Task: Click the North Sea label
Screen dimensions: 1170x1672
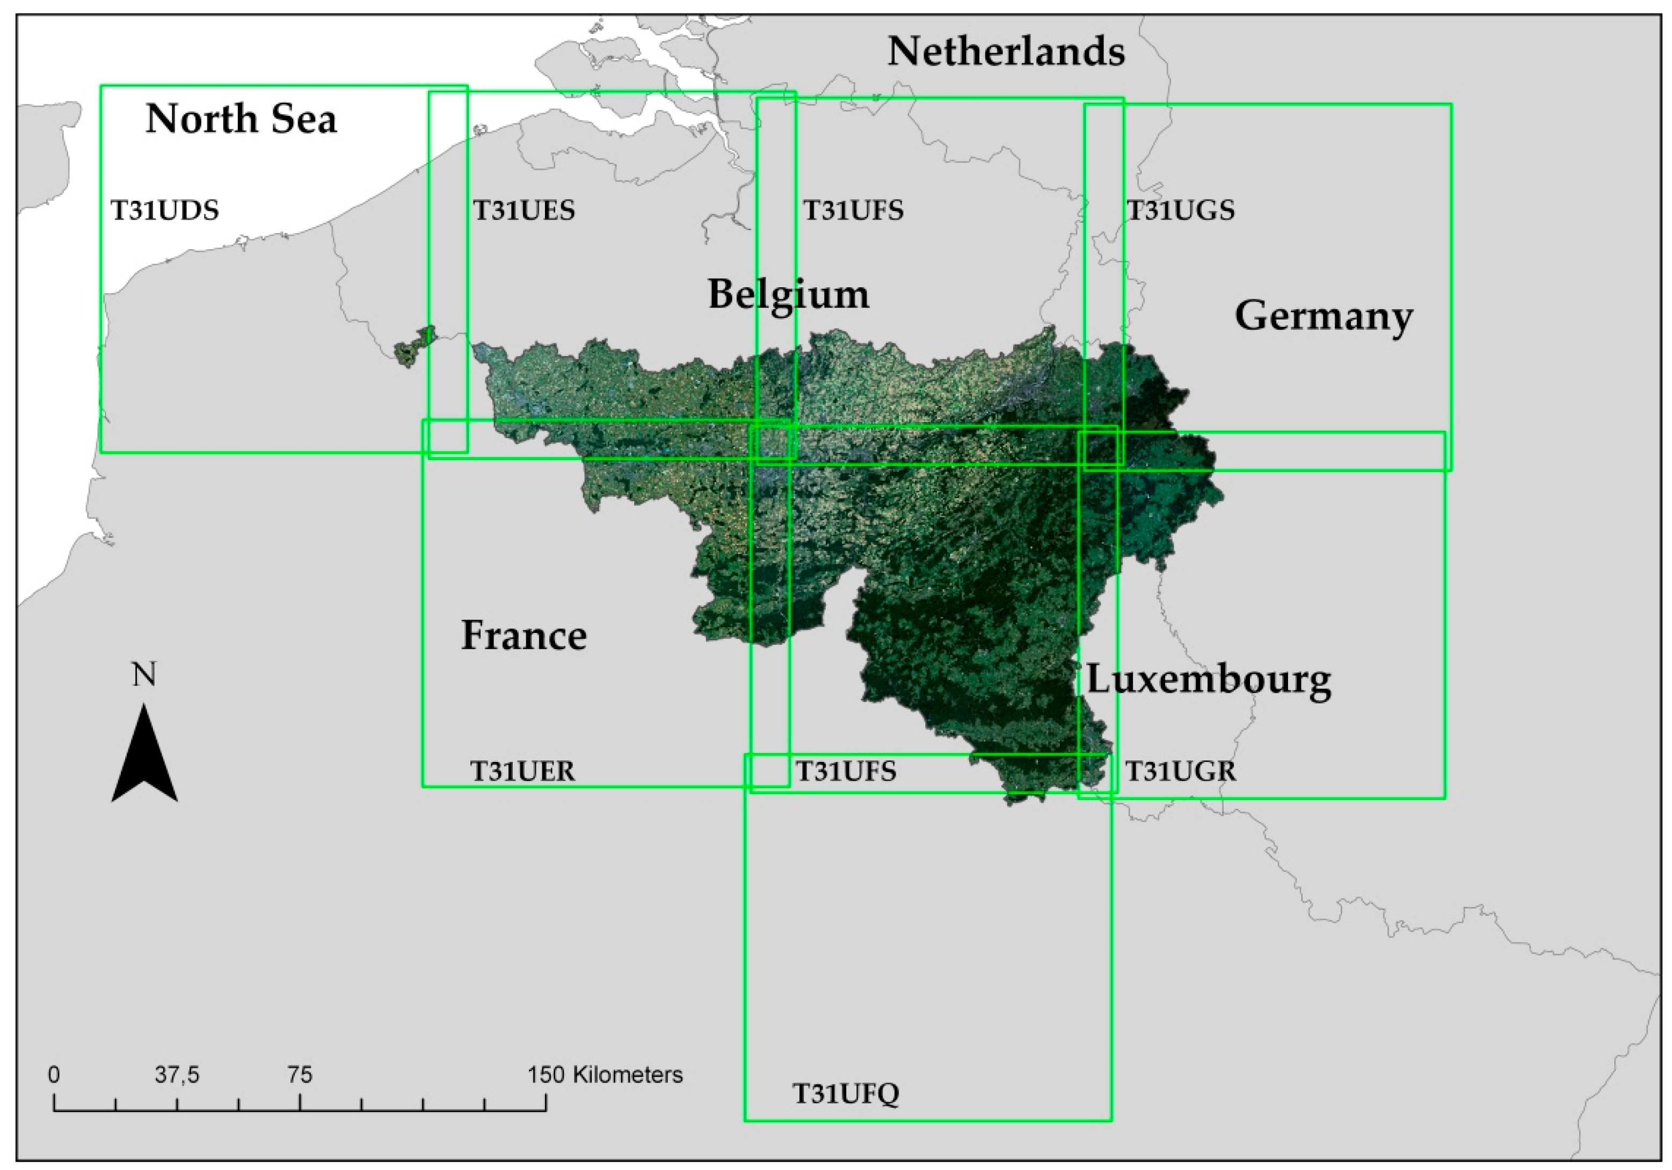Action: (241, 119)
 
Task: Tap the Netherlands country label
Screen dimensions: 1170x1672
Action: (1006, 53)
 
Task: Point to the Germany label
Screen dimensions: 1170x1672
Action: (1324, 317)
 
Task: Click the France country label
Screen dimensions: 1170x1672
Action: (524, 636)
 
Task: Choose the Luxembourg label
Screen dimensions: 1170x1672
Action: (1209, 680)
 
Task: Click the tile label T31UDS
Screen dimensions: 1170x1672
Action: (165, 210)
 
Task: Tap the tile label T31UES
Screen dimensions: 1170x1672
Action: (524, 210)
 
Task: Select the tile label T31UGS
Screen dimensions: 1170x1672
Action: (1181, 210)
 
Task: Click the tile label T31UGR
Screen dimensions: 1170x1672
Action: (1181, 771)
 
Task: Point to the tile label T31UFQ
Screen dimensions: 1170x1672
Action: (846, 1094)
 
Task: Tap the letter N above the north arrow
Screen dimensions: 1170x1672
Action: (144, 675)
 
